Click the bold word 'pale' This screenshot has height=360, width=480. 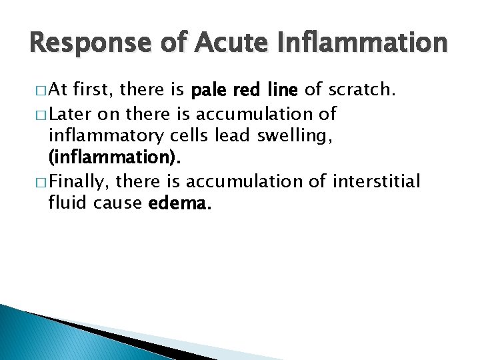211,91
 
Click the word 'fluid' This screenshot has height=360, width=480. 66,203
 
